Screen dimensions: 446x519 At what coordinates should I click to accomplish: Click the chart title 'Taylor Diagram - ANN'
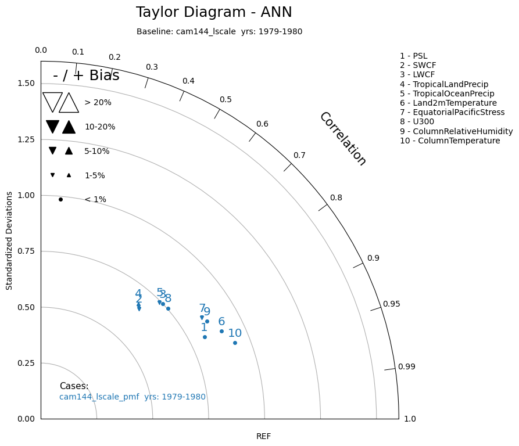pos(214,12)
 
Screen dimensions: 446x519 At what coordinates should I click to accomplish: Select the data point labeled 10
pos(235,343)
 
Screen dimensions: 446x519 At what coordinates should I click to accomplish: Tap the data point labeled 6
pos(221,331)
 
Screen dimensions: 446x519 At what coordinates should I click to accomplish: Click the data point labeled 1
pos(205,337)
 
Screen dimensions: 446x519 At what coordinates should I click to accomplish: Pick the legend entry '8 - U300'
pos(420,122)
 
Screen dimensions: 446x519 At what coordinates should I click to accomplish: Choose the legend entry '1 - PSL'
pos(413,56)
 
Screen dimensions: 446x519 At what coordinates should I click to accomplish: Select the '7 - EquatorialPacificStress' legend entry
pos(452,112)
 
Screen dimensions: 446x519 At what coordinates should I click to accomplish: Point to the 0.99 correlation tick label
pos(406,366)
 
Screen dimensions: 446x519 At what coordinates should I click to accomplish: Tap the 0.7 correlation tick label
pos(299,155)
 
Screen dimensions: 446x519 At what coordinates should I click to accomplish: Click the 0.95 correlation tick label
pos(391,304)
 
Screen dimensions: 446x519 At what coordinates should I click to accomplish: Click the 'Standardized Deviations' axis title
pos(9,243)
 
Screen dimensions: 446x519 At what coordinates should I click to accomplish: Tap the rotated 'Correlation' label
pos(343,139)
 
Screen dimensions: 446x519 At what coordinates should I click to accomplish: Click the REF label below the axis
pos(263,436)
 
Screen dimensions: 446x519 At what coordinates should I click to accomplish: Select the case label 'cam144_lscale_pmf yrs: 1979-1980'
pos(133,397)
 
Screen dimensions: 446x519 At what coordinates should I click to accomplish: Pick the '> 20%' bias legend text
pos(98,102)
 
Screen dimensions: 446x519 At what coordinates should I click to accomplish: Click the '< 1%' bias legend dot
pos(60,199)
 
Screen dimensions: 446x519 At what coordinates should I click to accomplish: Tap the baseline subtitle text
pos(219,31)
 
